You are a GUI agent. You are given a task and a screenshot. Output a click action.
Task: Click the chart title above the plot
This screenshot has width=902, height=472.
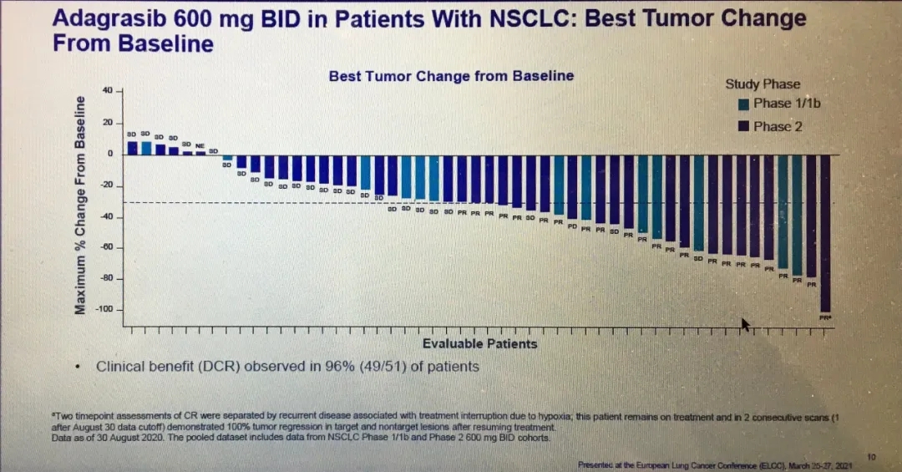coord(451,76)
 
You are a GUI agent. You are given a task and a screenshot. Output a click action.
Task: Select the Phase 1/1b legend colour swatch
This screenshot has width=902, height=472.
coord(743,104)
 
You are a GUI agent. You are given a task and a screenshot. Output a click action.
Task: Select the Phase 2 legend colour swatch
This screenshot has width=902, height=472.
coord(743,127)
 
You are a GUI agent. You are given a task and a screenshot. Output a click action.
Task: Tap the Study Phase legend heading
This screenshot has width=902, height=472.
coord(763,84)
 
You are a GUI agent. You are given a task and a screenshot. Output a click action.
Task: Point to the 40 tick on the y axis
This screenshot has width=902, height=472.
coord(107,90)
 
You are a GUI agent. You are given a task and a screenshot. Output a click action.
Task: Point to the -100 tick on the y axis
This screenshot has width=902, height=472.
coord(103,310)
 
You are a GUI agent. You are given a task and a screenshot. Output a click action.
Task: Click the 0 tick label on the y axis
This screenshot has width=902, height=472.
coord(109,154)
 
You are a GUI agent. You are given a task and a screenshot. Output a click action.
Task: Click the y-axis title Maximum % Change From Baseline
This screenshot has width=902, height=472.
coord(81,206)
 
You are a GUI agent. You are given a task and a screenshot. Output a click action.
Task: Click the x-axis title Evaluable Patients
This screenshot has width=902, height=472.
coord(479,343)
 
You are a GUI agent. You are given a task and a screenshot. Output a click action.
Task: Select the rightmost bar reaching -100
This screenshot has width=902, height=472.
coord(825,233)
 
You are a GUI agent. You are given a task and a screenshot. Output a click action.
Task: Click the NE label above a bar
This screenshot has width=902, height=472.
coord(200,145)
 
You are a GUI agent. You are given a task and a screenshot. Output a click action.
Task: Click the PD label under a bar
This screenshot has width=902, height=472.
coord(572,226)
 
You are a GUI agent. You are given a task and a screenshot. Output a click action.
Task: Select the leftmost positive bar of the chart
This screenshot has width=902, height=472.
coord(132,148)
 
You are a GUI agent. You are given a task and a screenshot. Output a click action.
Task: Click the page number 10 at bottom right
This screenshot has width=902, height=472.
coord(871,456)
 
